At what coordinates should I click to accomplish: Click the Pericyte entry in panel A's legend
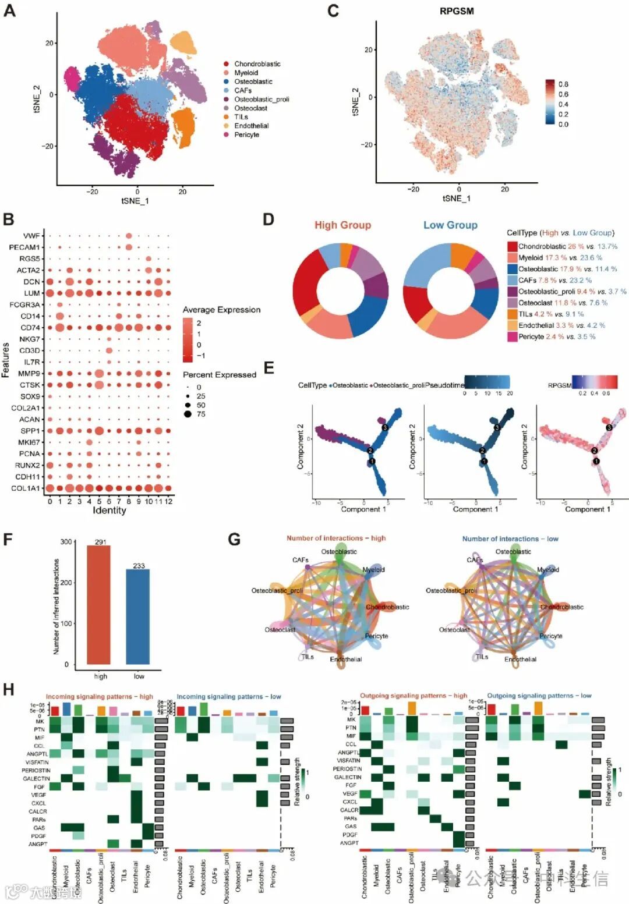(246, 134)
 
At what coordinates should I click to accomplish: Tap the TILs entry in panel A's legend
(241, 117)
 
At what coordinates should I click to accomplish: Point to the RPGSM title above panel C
(457, 11)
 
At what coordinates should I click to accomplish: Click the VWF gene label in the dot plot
(31, 236)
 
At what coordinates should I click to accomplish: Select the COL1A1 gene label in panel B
(26, 488)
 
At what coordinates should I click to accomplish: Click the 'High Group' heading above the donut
(342, 225)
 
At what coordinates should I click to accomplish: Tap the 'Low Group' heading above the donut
(450, 225)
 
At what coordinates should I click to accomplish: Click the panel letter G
(234, 540)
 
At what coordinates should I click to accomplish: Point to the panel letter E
(268, 368)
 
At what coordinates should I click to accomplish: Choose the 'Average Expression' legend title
(221, 310)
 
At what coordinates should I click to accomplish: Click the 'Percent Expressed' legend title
(220, 375)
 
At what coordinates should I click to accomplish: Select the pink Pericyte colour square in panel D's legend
(512, 336)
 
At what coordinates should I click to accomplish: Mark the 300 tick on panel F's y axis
(66, 542)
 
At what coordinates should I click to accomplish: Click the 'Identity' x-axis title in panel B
(109, 511)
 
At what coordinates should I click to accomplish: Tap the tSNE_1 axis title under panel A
(135, 201)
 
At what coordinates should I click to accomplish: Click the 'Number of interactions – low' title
(510, 539)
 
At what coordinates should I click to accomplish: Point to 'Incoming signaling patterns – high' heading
(99, 696)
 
